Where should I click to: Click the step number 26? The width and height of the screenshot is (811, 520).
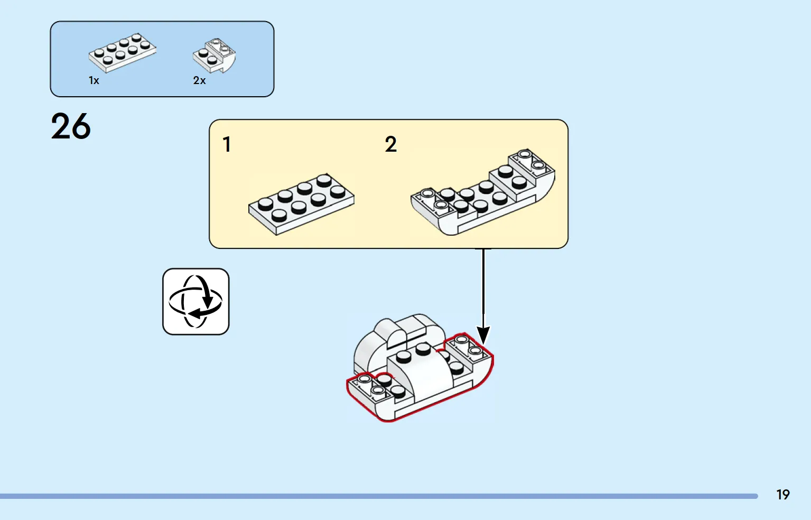pos(71,127)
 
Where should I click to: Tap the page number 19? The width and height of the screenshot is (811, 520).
pos(782,495)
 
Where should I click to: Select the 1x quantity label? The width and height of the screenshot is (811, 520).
pos(94,80)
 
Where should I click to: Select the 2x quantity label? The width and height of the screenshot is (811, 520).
pos(199,80)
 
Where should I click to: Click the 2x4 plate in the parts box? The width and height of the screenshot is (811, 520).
pos(123,53)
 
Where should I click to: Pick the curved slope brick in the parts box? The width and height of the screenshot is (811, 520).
pos(215,55)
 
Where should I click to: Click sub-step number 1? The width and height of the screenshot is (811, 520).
pos(227,144)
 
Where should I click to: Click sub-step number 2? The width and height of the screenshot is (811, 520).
pos(390,144)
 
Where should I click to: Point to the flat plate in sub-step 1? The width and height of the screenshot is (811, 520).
pos(301,203)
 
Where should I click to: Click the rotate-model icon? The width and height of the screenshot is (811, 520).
pos(195,301)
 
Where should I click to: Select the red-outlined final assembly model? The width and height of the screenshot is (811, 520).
pos(420,370)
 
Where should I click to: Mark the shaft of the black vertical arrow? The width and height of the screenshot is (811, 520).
pos(483,285)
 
